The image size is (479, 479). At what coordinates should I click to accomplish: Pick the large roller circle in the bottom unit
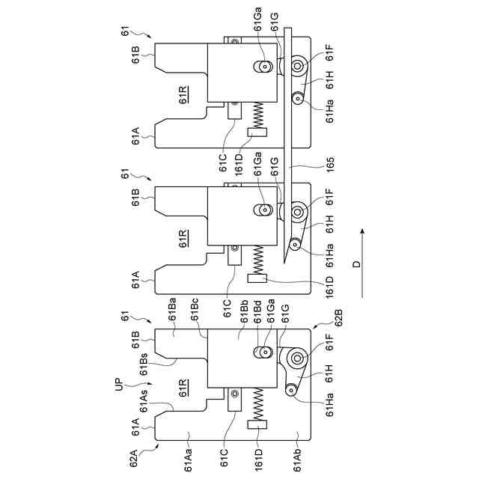coord(297,359)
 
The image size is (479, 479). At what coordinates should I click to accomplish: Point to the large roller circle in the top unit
coord(297,67)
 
